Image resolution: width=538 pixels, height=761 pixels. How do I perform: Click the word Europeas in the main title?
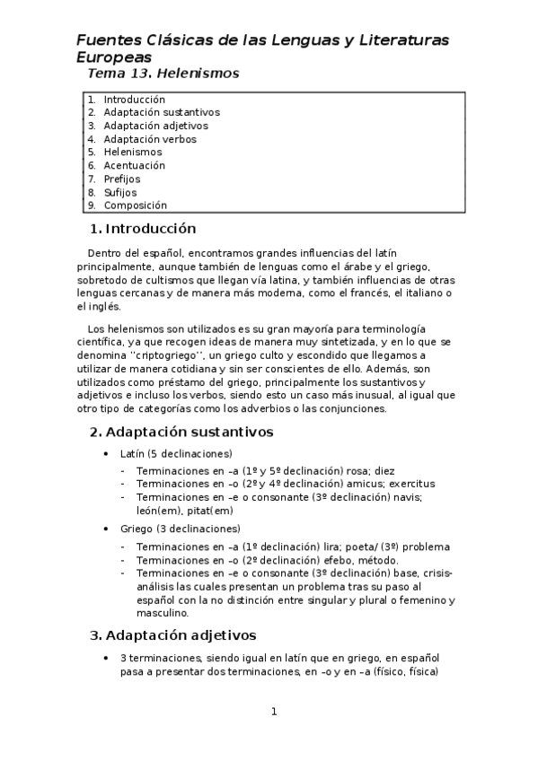point(110,56)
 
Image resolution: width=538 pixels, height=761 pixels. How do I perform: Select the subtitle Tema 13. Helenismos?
point(163,74)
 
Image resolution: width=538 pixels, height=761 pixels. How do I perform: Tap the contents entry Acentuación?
point(134,165)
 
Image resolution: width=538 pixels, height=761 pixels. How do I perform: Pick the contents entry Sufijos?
point(119,192)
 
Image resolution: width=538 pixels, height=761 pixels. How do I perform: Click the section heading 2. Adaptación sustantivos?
point(181,432)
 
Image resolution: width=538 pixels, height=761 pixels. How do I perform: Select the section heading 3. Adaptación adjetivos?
point(173,636)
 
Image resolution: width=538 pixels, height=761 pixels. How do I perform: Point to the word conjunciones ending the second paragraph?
point(351,408)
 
